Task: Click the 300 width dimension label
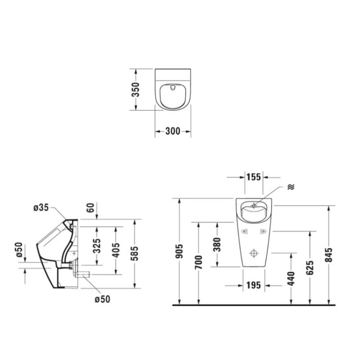(x=172, y=131)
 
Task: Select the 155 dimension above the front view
(x=254, y=177)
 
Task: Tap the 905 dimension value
(x=180, y=252)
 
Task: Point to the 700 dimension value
(x=199, y=262)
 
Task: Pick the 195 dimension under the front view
(x=253, y=285)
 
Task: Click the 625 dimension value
(x=310, y=268)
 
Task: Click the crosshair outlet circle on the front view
(x=255, y=253)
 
